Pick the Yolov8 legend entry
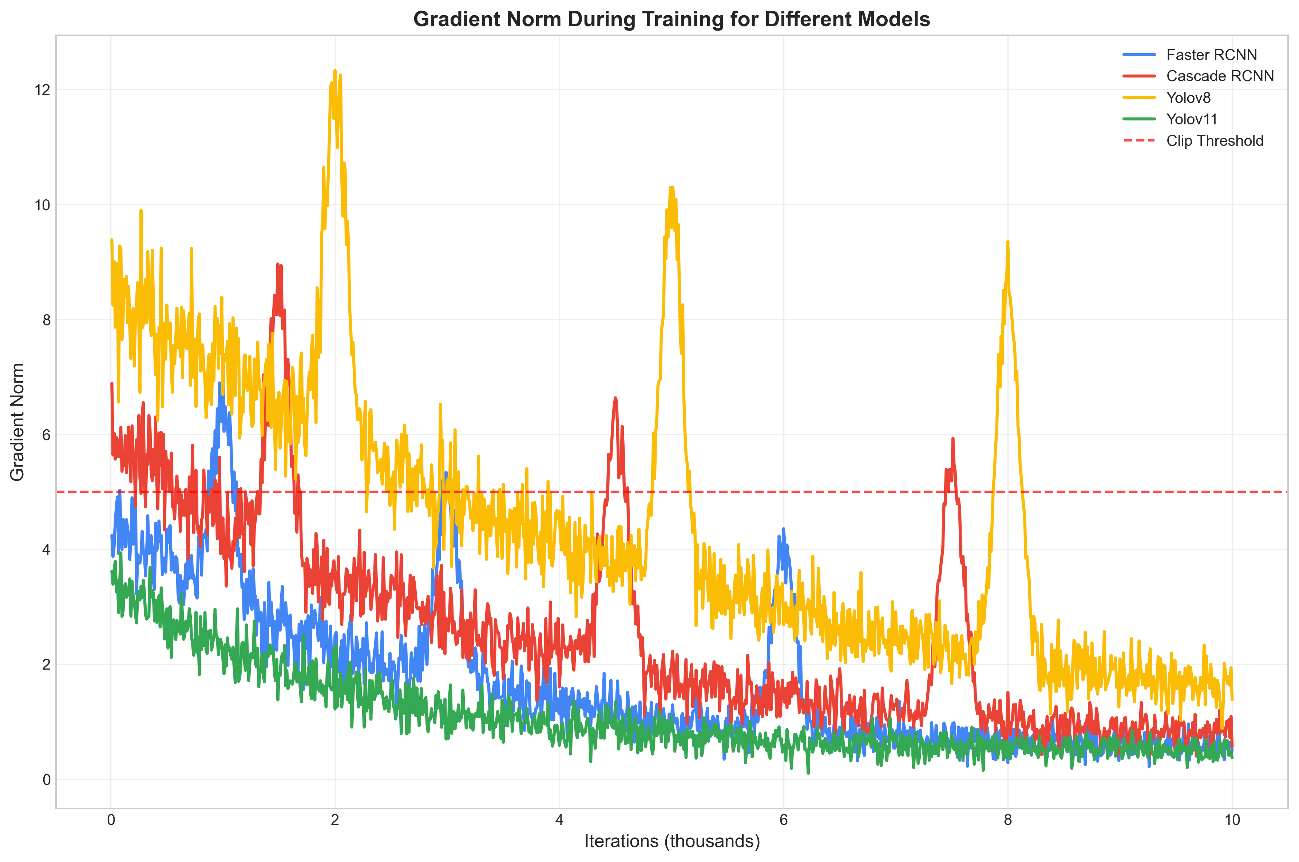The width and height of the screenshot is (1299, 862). coord(1188,98)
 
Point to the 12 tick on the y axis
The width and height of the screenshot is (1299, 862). coord(42,89)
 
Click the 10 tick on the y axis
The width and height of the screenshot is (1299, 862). coord(42,205)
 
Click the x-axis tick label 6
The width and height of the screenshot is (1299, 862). coord(783,820)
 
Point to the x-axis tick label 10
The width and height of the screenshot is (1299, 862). coord(1232,820)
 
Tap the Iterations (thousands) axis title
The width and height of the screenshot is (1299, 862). coord(672,842)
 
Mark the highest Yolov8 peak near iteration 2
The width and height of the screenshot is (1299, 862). coord(334,71)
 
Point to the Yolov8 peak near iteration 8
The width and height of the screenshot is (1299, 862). coord(1007,242)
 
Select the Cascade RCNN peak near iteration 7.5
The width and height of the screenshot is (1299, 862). coord(952,438)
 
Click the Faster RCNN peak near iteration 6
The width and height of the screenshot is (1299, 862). coord(783,529)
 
